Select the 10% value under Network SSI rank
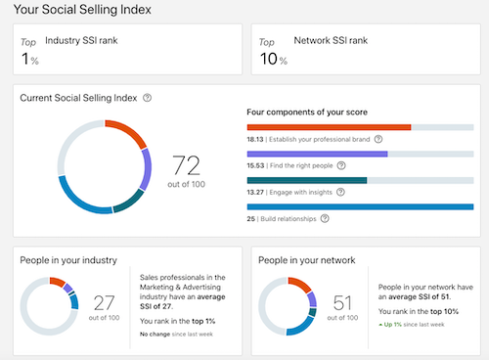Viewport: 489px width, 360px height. coord(271,60)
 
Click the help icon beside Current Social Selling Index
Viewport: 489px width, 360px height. coord(147,98)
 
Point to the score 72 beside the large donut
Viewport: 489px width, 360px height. coord(187,163)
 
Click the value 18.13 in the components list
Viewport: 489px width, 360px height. coord(256,140)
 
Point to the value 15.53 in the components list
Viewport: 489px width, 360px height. coord(256,166)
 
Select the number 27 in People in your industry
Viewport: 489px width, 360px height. coord(104,302)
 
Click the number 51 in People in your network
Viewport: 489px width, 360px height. coord(343,302)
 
